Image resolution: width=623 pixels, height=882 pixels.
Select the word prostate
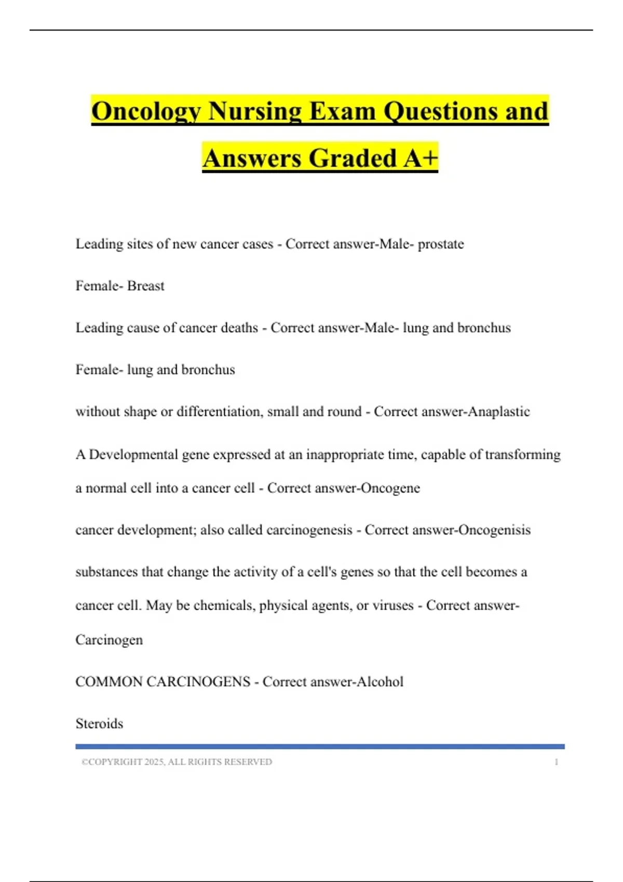tap(441, 244)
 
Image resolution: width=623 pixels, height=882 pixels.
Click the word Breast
tap(146, 286)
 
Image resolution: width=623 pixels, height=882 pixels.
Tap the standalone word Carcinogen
tap(109, 640)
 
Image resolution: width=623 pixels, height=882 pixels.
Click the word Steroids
tap(99, 724)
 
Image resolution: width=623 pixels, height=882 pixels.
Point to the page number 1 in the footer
tap(556, 762)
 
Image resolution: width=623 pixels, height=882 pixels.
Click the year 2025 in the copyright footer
tap(154, 762)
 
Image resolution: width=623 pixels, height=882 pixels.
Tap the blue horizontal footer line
tap(320, 747)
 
